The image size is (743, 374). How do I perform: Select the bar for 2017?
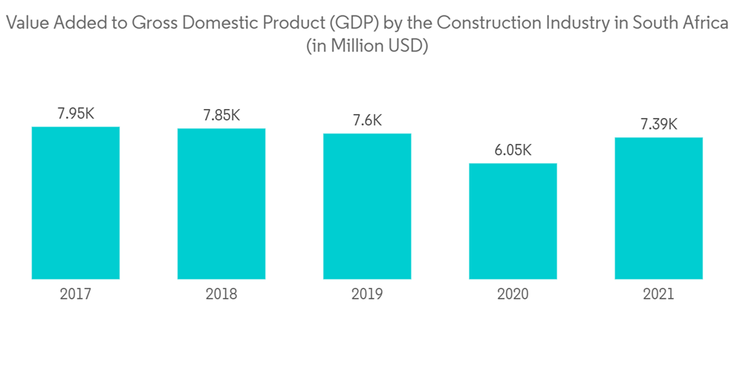point(76,203)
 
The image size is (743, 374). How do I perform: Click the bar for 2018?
point(221,203)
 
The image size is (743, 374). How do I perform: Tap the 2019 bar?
point(367,206)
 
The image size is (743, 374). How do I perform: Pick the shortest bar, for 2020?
point(513,221)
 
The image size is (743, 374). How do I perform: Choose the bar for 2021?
point(659,208)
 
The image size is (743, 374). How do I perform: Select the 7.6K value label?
point(367,120)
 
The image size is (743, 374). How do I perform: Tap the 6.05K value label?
point(513,150)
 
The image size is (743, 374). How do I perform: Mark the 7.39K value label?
point(659,124)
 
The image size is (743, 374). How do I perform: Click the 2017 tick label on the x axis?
point(76,295)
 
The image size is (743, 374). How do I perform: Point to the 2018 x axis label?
point(221,295)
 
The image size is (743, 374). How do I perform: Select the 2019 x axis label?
point(367,295)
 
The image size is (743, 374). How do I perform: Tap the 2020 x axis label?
point(513,295)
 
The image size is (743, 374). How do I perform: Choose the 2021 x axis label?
point(659,295)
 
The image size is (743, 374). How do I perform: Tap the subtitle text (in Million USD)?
point(369,45)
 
